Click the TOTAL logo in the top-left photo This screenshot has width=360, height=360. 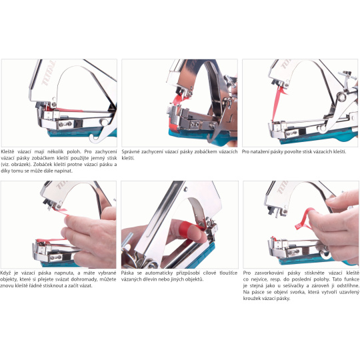pos(48,73)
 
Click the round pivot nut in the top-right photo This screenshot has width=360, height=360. pos(341,97)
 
